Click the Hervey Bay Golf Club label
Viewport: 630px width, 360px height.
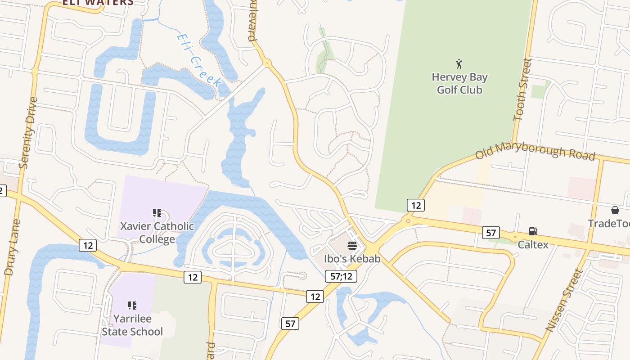coord(459,84)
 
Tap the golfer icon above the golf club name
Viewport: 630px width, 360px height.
coord(459,64)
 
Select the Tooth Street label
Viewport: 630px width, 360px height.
coord(522,90)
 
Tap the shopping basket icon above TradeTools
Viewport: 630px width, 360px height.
coord(615,210)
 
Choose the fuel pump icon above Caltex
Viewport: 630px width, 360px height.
coord(533,231)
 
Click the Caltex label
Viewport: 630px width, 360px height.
coord(533,245)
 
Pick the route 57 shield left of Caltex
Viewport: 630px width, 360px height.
coord(490,233)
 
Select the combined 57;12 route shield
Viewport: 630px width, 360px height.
coord(341,276)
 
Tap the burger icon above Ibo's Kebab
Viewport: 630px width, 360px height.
coord(352,246)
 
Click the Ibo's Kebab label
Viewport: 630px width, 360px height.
coord(352,259)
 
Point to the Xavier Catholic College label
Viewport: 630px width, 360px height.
coord(157,232)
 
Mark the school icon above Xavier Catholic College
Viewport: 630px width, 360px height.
coord(157,212)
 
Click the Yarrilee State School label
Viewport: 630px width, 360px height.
coord(132,325)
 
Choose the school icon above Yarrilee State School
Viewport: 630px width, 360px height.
coord(132,306)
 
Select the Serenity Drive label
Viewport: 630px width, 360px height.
coord(27,133)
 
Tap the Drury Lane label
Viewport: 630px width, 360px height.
coord(12,247)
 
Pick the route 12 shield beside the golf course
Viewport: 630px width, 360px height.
coord(416,205)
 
